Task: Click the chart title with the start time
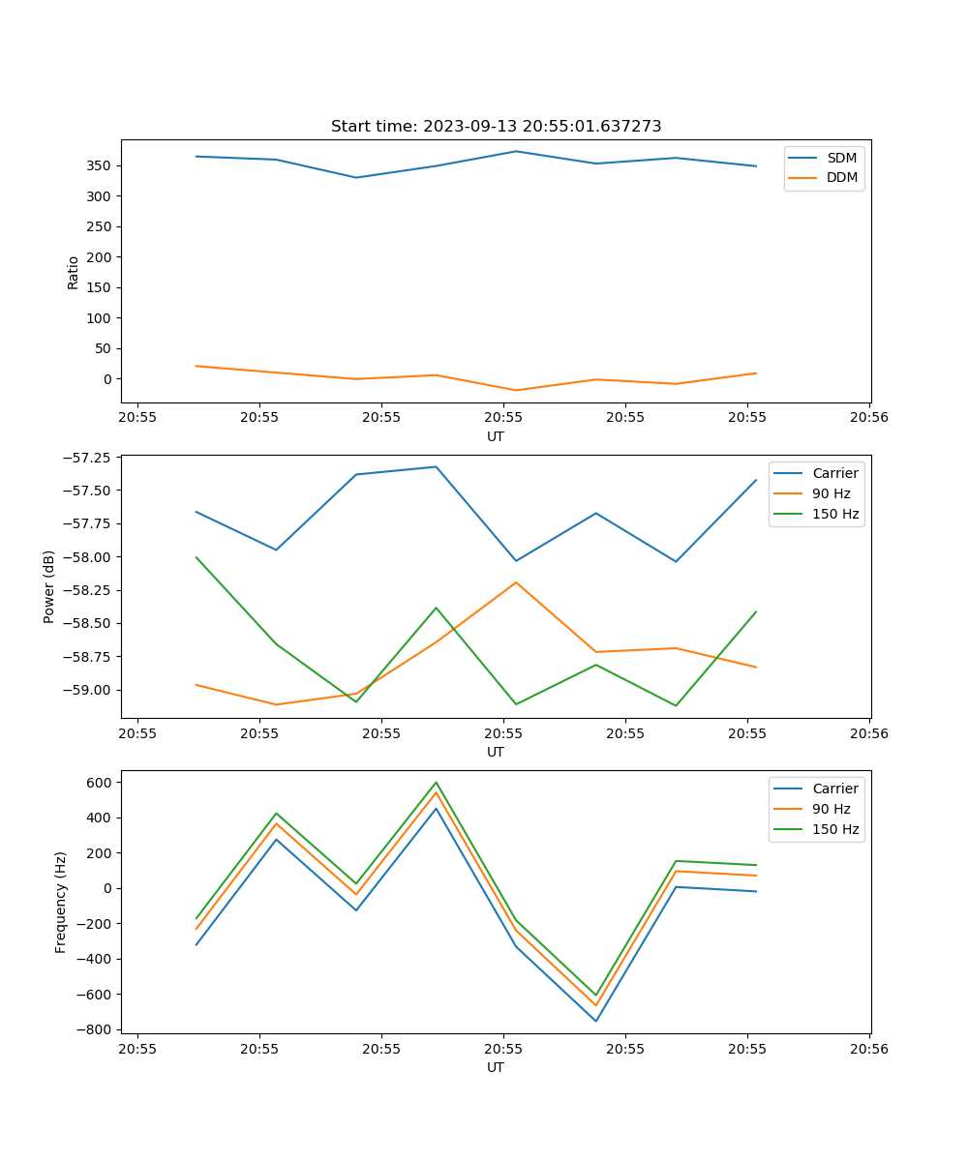[x=496, y=127]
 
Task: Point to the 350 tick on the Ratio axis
[x=100, y=165]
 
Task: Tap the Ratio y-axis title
[x=74, y=272]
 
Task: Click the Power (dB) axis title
[x=49, y=586]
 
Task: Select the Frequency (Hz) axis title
[x=61, y=902]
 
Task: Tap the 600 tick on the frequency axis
[x=100, y=782]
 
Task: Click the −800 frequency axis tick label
[x=96, y=1029]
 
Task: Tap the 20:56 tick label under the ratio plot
[x=868, y=419]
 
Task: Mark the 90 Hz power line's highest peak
[x=516, y=582]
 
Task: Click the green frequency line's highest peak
[x=436, y=782]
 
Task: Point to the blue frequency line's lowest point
[x=596, y=1021]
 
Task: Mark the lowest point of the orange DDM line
[x=516, y=390]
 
